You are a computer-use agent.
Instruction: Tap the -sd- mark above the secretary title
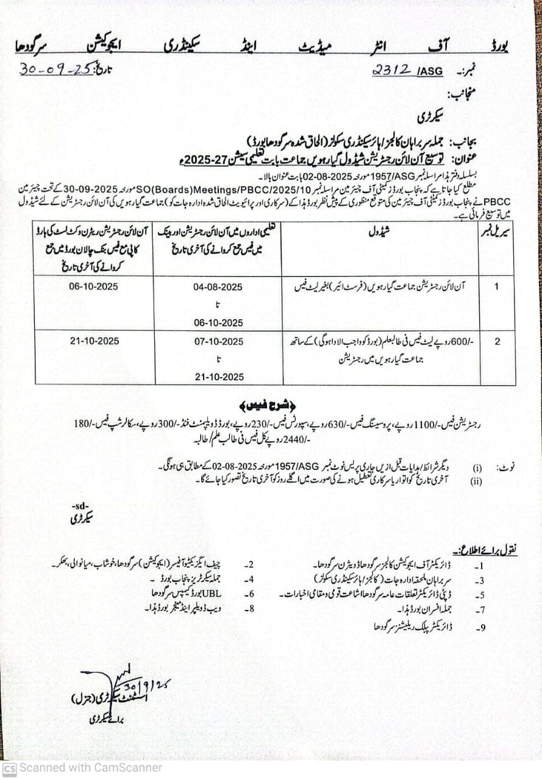click(x=79, y=506)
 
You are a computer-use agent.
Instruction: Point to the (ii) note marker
click(x=478, y=481)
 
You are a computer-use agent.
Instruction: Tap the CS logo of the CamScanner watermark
click(x=9, y=769)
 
